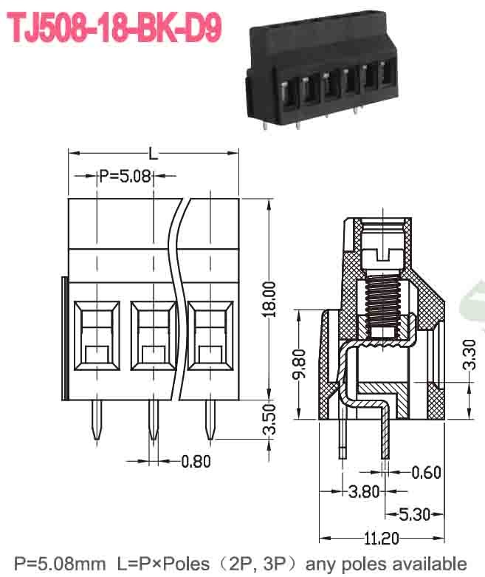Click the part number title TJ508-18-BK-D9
(x=114, y=29)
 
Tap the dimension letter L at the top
(x=153, y=154)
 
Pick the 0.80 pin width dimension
(x=196, y=462)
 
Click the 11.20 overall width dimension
(x=382, y=538)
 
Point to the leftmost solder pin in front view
(x=97, y=421)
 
